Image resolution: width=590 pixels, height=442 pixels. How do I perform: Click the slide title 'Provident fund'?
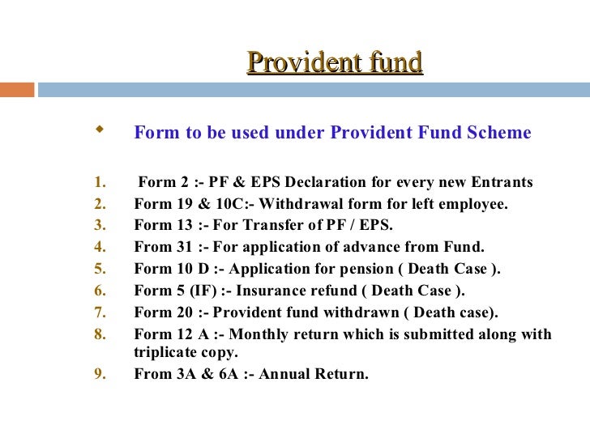point(335,62)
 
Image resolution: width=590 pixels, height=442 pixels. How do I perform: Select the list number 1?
point(99,181)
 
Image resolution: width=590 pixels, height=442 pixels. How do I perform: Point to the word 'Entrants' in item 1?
point(503,181)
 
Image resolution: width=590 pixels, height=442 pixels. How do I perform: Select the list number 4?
point(99,247)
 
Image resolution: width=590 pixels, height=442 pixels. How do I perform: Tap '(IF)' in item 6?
point(190,291)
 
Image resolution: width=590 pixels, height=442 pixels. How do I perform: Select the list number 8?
point(99,334)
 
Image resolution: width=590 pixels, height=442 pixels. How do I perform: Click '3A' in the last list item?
point(183,375)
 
